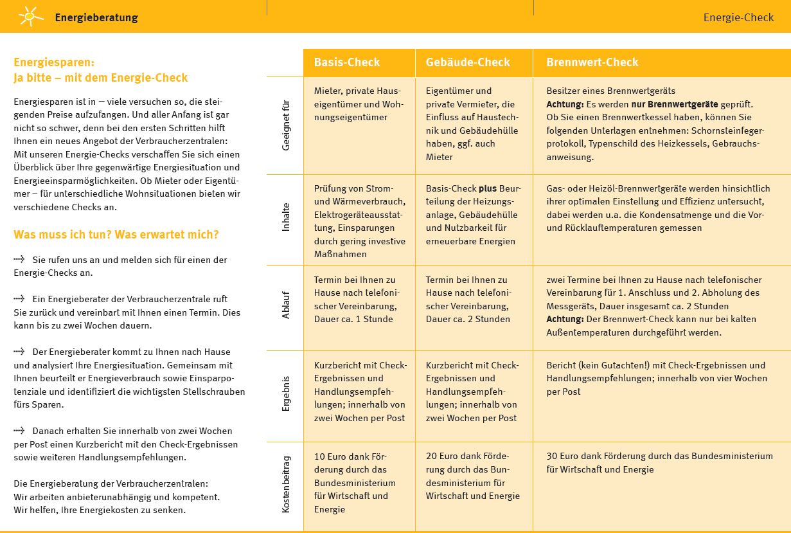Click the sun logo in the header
pyautogui.click(x=30, y=16)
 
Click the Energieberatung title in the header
pyautogui.click(x=96, y=17)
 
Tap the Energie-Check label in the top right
pyautogui.click(x=738, y=17)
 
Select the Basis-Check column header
pyautogui.click(x=347, y=62)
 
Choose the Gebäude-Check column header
pyautogui.click(x=468, y=62)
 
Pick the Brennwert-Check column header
pyautogui.click(x=592, y=62)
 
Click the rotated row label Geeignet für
pyautogui.click(x=286, y=125)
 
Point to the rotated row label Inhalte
pyautogui.click(x=286, y=217)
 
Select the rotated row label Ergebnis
pyautogui.click(x=286, y=393)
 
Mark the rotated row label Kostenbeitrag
pyautogui.click(x=286, y=484)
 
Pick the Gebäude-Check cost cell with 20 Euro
pyautogui.click(x=473, y=476)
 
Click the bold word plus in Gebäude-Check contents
pyautogui.click(x=487, y=189)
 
